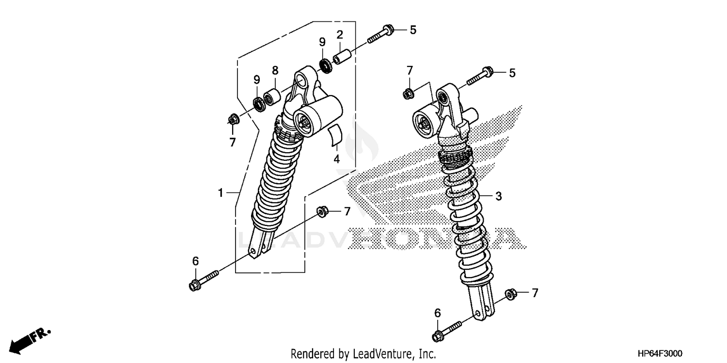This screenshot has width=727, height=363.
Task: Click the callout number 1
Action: click(x=221, y=193)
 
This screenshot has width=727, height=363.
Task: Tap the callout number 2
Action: click(x=340, y=34)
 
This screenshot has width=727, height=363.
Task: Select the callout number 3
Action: click(x=498, y=196)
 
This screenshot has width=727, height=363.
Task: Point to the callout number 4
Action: click(x=336, y=158)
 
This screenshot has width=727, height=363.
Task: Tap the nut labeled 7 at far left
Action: click(x=233, y=119)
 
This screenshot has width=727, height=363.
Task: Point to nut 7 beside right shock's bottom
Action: click(x=510, y=294)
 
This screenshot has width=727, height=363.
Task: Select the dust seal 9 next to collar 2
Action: click(x=325, y=64)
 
